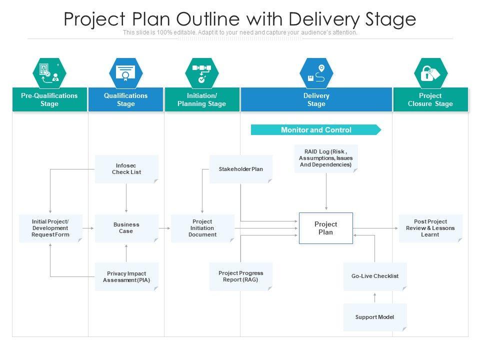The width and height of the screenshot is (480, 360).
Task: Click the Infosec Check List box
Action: tap(126, 169)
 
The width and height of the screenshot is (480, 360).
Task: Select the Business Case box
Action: tap(126, 228)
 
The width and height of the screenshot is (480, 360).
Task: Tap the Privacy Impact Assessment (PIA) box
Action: tap(126, 276)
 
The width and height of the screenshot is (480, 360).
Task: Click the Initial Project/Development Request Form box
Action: tap(50, 228)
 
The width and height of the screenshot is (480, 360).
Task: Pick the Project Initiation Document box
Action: tap(202, 228)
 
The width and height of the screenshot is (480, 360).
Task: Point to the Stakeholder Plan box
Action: tap(240, 169)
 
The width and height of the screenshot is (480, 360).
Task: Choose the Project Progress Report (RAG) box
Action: tap(240, 276)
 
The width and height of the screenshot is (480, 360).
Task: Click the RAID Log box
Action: tap(325, 158)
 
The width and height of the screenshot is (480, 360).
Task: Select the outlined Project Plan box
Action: tap(325, 228)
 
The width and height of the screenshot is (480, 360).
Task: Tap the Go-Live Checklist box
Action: tap(375, 276)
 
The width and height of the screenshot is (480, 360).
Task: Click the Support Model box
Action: tap(375, 317)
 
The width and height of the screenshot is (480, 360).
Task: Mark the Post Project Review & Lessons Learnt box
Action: tap(430, 228)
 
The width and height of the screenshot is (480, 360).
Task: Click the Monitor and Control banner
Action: tap(316, 130)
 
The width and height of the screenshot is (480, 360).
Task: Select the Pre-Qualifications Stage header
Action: tap(49, 99)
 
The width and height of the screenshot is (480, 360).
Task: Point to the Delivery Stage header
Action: tap(316, 99)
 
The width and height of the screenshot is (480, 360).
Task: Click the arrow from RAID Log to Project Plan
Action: tap(326, 192)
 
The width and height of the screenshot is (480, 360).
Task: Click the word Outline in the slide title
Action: tap(209, 19)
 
